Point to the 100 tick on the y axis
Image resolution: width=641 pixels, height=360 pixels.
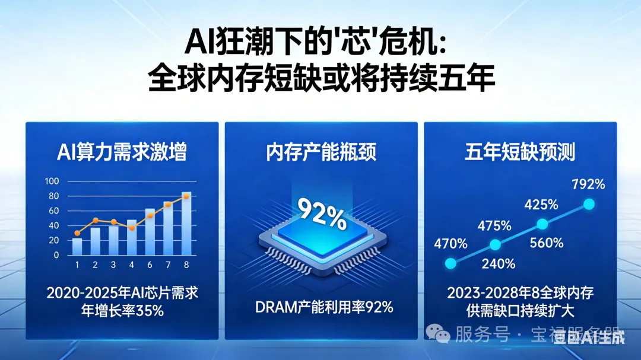(x=52, y=181)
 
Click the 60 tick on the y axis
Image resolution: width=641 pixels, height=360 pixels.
(x=53, y=211)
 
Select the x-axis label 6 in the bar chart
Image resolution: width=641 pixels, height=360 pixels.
(x=150, y=265)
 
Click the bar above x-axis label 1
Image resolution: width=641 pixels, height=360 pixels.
(x=77, y=246)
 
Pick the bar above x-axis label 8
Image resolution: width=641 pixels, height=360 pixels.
(x=186, y=224)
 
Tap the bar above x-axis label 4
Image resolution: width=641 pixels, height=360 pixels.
(x=132, y=237)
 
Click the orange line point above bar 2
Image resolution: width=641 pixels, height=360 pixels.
(x=95, y=220)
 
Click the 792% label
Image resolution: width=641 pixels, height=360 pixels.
(x=588, y=184)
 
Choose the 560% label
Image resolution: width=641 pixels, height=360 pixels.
(x=547, y=243)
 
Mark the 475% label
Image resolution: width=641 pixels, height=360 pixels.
(x=495, y=225)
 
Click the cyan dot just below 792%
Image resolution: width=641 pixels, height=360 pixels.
(x=589, y=204)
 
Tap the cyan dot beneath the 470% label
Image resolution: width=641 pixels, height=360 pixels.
(x=450, y=263)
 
